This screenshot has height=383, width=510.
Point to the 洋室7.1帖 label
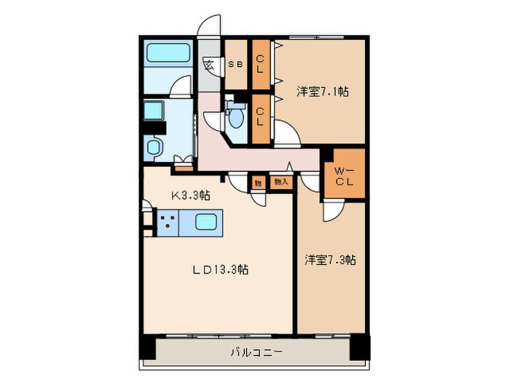[321, 92]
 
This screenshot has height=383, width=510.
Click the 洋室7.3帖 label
[330, 260]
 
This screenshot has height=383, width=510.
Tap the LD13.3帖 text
[220, 270]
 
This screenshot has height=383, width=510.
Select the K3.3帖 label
[191, 196]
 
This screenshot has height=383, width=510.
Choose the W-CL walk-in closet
[344, 176]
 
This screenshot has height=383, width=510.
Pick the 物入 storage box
[280, 182]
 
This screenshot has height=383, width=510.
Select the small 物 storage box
[258, 182]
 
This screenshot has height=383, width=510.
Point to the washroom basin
[155, 147]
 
